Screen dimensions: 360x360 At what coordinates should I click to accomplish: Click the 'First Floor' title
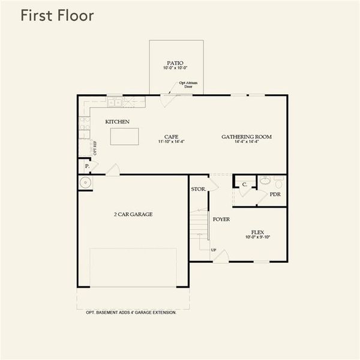pos(57,16)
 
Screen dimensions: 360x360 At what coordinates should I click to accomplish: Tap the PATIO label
pos(176,62)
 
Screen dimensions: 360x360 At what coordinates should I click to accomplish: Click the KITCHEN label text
pos(118,122)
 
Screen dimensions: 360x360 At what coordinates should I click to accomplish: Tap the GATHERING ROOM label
pos(247,136)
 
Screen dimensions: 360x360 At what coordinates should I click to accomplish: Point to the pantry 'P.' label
pos(86,166)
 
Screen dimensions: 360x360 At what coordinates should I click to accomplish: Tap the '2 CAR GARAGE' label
pos(133,214)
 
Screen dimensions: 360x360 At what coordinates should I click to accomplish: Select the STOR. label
pos(198,189)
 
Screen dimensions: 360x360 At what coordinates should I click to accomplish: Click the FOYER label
pos(221,220)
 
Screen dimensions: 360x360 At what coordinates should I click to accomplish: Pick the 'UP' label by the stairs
pos(213,250)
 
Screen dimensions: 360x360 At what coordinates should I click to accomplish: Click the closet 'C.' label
pos(245,185)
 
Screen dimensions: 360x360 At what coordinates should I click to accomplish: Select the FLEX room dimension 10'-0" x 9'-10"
pos(258,238)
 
